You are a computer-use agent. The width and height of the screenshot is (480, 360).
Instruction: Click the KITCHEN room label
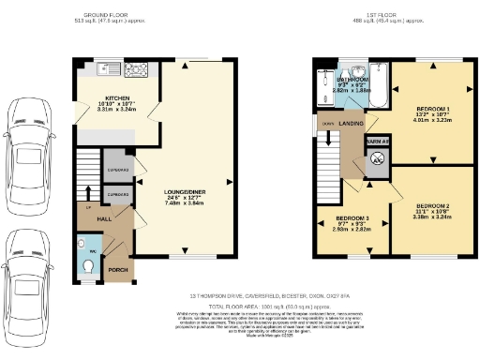tap(117, 97)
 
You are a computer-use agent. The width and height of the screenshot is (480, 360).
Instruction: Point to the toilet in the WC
tap(88, 266)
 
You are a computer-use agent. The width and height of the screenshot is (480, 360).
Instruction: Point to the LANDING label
tap(352, 122)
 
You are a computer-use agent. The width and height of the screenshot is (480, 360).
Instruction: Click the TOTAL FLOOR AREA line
tap(269, 307)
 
